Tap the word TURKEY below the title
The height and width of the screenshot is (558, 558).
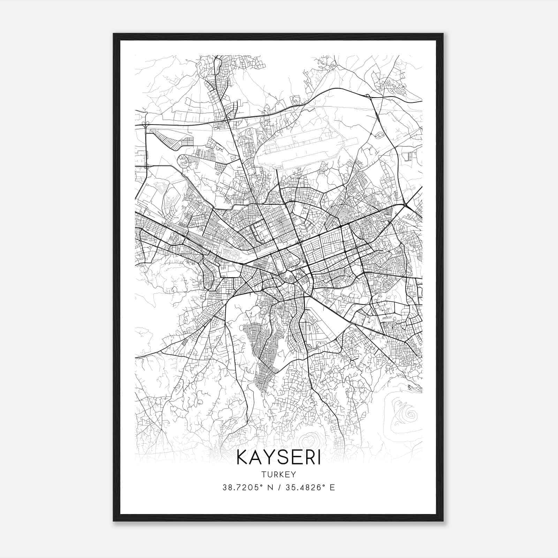pos(278,475)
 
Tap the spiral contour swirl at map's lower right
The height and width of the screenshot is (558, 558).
pos(412,415)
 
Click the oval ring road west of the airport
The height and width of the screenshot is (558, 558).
pos(184,161)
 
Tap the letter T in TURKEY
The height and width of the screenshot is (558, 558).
pos(263,475)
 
